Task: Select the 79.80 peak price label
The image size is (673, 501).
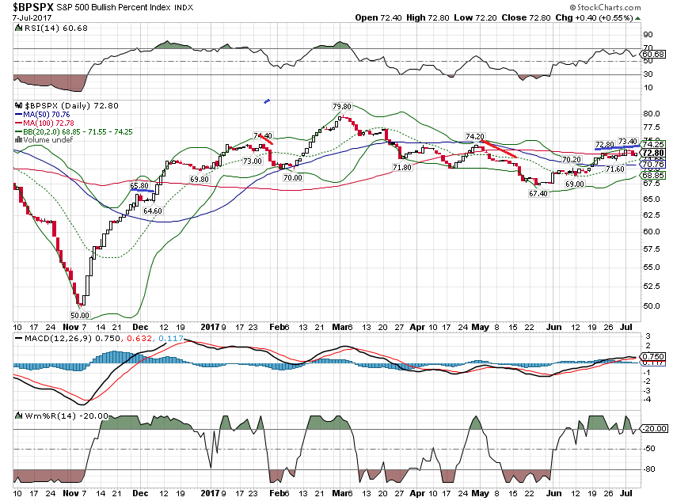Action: click(341, 106)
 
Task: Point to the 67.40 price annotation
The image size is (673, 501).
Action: click(538, 193)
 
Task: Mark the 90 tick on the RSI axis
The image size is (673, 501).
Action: click(647, 35)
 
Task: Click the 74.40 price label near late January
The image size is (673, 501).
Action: click(262, 135)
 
